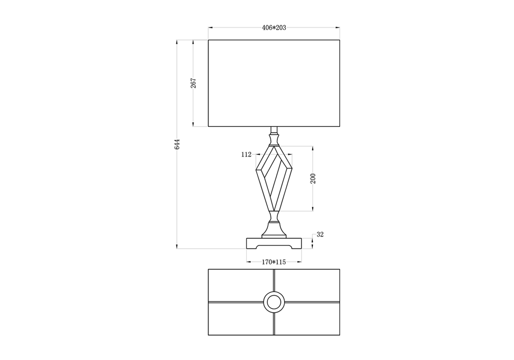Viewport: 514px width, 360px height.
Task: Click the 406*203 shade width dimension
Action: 274,28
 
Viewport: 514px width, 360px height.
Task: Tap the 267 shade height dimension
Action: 194,83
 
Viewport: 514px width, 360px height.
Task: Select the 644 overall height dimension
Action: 177,144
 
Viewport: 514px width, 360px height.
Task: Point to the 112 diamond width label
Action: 246,155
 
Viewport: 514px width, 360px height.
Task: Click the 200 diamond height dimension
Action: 313,179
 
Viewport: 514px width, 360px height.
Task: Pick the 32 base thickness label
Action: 320,234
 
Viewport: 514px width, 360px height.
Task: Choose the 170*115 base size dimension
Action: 274,262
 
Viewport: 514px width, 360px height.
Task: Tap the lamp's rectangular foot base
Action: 274,243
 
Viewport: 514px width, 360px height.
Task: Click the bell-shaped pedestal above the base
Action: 274,230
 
